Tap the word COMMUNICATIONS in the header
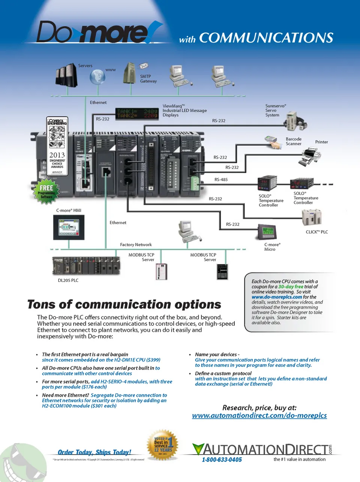pyautogui.click(x=266, y=38)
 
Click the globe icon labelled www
pyautogui.click(x=97, y=77)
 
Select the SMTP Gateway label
pyautogui.click(x=148, y=78)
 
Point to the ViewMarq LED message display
pyautogui.click(x=137, y=113)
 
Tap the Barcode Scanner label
pyautogui.click(x=293, y=141)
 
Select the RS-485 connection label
pyautogui.click(x=221, y=179)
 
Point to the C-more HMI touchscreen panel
pyautogui.click(x=69, y=227)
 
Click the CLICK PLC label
pyautogui.click(x=316, y=232)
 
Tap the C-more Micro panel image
pyautogui.click(x=267, y=232)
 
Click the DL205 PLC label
pyautogui.click(x=68, y=280)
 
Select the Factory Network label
pyautogui.click(x=136, y=245)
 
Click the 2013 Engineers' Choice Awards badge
pyautogui.click(x=57, y=146)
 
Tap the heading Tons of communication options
pyautogui.click(x=124, y=304)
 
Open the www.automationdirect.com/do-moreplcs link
pyautogui.click(x=259, y=416)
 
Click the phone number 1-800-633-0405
pyautogui.click(x=222, y=459)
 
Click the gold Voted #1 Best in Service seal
pyautogui.click(x=162, y=445)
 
